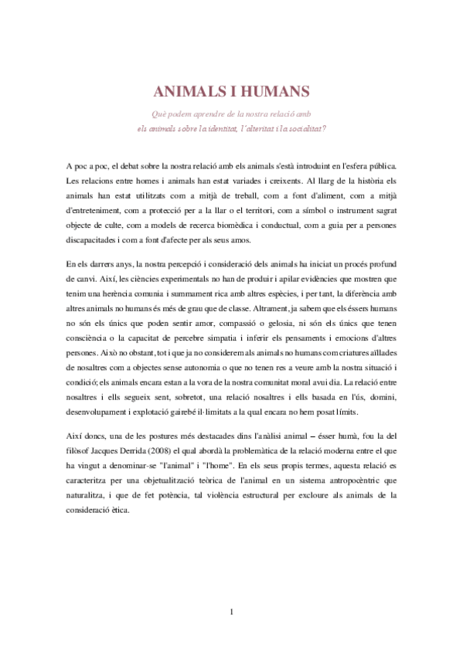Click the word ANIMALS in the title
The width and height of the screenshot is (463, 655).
[191, 92]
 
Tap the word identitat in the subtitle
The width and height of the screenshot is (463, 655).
[222, 127]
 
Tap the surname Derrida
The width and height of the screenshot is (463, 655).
[141, 441]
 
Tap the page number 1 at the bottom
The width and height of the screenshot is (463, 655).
[232, 613]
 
